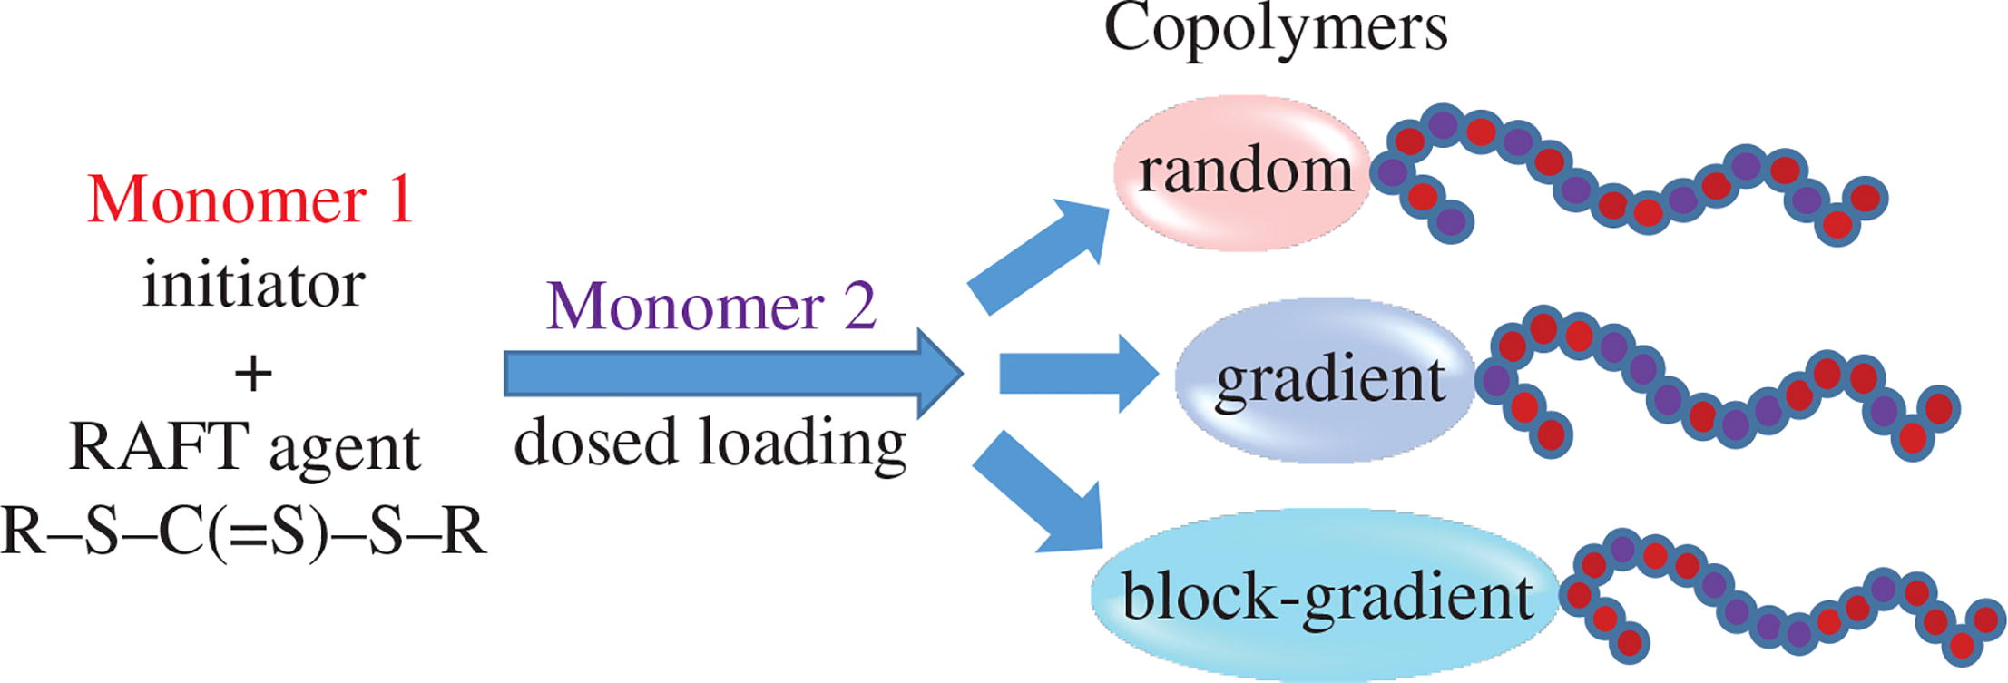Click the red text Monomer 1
pos(250,200)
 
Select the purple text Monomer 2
pos(711,307)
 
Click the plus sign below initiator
pos(253,374)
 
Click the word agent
pos(345,448)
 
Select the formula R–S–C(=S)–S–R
pos(243,532)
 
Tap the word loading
pos(802,444)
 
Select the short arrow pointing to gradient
pos(1075,374)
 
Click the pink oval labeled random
pos(1243,172)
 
